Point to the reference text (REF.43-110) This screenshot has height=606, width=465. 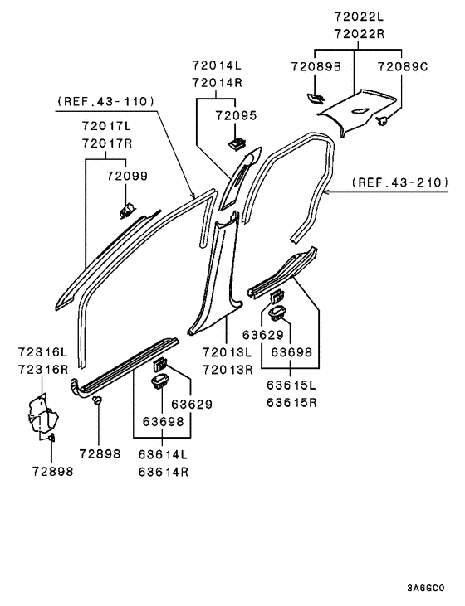pyautogui.click(x=105, y=101)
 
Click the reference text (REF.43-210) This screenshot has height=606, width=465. pyautogui.click(x=399, y=182)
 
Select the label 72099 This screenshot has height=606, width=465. pyautogui.click(x=125, y=177)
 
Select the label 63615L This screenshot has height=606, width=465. pyautogui.click(x=291, y=386)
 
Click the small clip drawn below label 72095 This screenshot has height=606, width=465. pyautogui.click(x=237, y=145)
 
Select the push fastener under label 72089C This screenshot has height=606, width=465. pyautogui.click(x=384, y=122)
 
